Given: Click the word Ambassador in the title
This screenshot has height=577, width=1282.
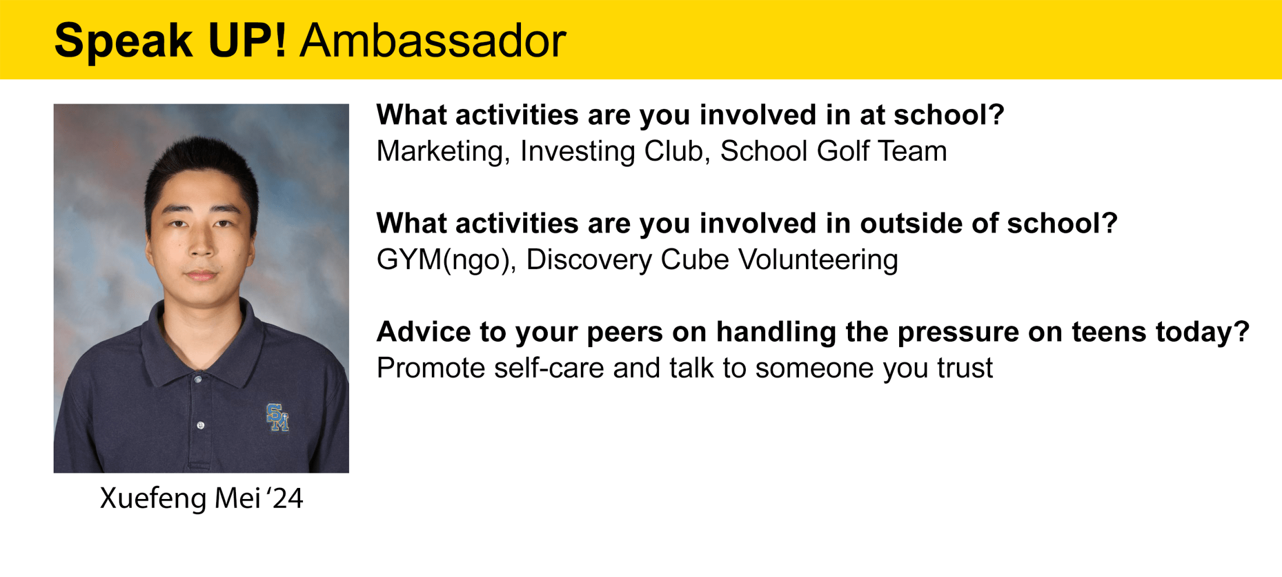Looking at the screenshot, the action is [433, 41].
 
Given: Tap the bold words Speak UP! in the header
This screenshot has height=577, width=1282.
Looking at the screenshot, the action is [170, 41].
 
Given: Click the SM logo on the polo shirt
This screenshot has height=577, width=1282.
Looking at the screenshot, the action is [277, 417].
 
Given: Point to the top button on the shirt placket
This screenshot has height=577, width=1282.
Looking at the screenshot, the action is [199, 380].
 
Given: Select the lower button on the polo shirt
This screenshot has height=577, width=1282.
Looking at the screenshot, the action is [200, 426].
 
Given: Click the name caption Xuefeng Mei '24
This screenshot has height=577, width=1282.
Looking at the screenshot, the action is [202, 498].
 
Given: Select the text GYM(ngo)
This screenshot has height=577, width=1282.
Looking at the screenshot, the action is [446, 260].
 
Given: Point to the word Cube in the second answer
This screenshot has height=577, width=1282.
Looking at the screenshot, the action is [695, 260].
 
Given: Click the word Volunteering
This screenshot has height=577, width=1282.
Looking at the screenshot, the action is [819, 260].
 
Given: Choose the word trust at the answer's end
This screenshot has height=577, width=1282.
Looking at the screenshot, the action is [965, 368].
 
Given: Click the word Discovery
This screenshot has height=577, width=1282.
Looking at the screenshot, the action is [589, 260].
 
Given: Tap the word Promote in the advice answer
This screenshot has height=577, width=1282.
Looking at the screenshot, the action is [431, 368].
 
